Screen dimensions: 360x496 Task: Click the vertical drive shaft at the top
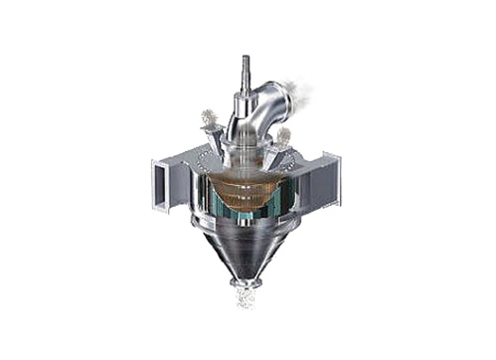point(245,70)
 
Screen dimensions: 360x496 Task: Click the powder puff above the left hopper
point(210,118)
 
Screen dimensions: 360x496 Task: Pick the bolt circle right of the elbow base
point(277,153)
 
